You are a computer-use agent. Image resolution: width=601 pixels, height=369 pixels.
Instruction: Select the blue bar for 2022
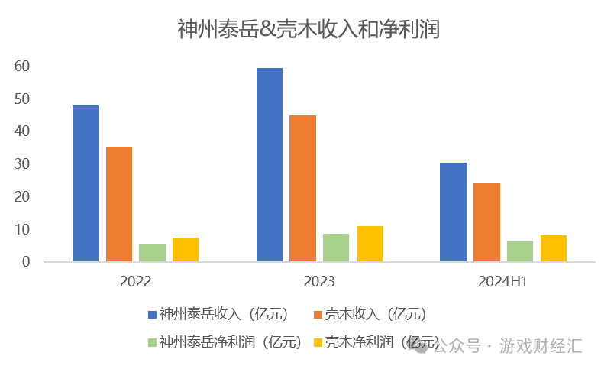click(x=86, y=183)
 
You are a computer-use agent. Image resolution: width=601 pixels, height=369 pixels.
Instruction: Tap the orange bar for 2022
click(x=119, y=204)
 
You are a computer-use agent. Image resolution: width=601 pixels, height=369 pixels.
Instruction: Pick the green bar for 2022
click(x=152, y=253)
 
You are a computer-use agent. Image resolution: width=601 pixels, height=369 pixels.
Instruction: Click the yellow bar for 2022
click(x=186, y=250)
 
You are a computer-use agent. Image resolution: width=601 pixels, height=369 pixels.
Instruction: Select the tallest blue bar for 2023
click(x=270, y=165)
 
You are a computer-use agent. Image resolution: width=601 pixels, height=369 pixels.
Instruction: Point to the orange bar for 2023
click(x=303, y=189)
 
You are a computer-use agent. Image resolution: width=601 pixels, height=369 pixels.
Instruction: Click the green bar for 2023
click(x=336, y=248)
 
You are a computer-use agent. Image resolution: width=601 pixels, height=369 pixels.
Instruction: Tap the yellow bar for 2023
click(x=370, y=244)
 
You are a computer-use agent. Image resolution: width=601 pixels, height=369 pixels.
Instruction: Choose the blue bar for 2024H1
click(x=454, y=212)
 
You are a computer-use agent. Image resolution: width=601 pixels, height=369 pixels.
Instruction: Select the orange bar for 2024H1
click(x=486, y=222)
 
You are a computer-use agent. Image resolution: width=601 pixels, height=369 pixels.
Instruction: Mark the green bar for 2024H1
click(x=520, y=251)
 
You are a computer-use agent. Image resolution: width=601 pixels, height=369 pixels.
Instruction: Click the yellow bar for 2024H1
click(x=554, y=248)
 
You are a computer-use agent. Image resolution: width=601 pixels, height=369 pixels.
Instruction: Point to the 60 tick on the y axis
click(x=22, y=66)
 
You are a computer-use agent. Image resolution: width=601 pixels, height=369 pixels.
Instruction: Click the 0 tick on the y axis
click(x=26, y=262)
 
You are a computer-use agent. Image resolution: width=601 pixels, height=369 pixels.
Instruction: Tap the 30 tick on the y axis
click(x=22, y=164)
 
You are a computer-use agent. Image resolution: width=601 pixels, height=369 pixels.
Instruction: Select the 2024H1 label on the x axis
click(x=503, y=282)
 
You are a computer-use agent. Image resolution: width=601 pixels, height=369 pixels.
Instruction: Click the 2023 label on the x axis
click(x=319, y=282)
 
